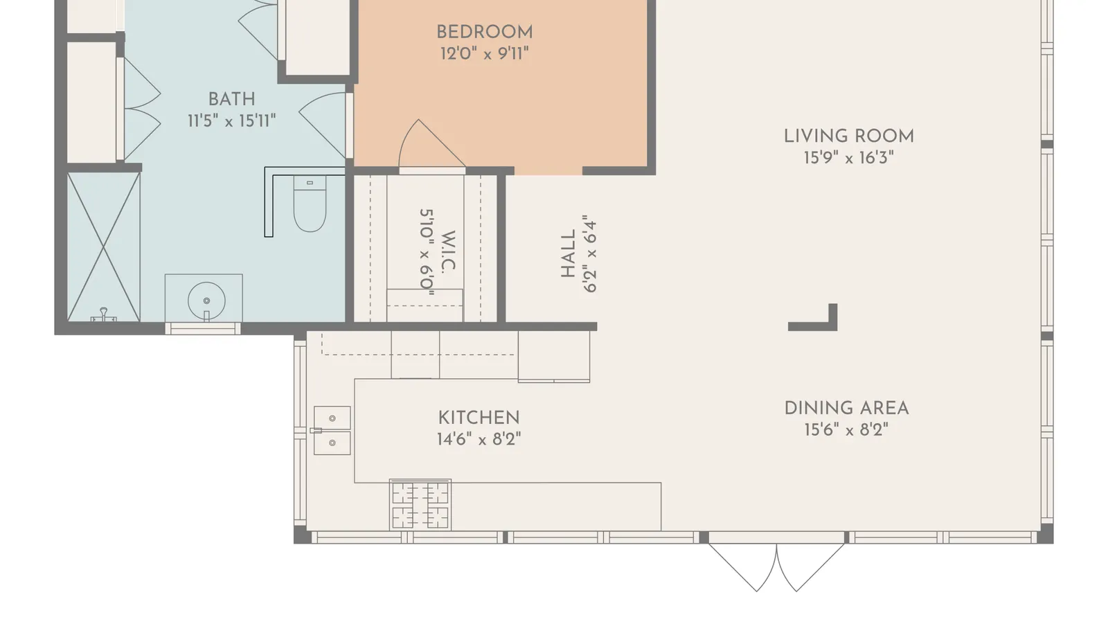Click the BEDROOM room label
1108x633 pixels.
[484, 33]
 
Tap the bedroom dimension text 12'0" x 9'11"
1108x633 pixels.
[484, 53]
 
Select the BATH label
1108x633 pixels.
[231, 100]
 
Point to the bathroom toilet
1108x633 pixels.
[310, 204]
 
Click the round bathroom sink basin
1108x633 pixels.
[206, 300]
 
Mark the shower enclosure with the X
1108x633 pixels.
[103, 247]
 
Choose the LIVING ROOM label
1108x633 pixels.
[849, 136]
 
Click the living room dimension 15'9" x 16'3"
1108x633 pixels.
[849, 158]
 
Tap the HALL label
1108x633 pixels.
[569, 253]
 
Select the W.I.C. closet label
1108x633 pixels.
[447, 251]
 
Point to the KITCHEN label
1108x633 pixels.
[479, 418]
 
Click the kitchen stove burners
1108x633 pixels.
[420, 505]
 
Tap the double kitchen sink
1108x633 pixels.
[332, 431]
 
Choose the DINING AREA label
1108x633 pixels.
[846, 409]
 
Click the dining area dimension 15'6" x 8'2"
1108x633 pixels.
[846, 430]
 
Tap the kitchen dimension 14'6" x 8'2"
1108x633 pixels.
[479, 439]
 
